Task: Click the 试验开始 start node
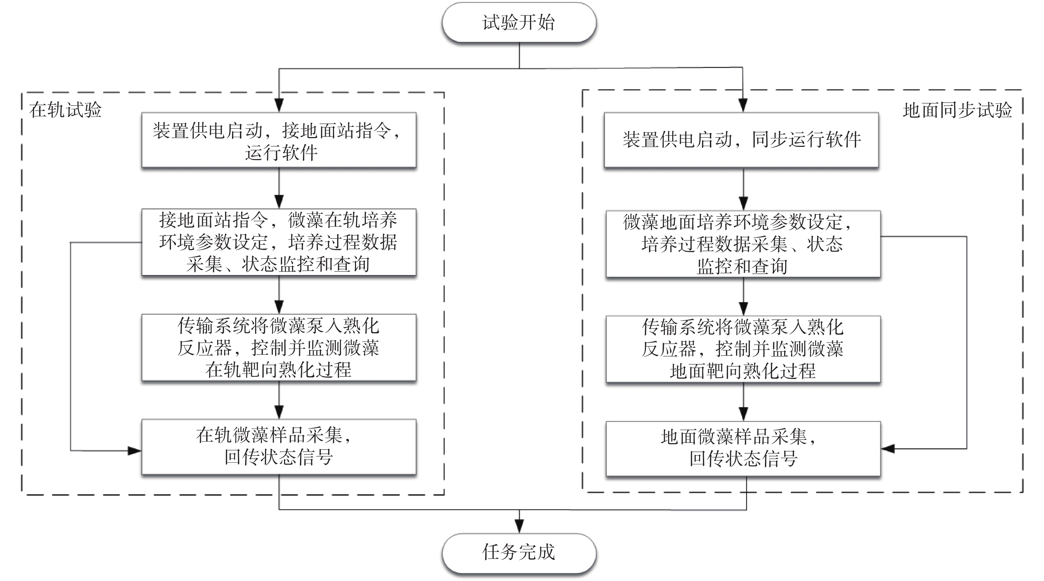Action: pos(519,22)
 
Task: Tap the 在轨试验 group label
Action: pos(65,110)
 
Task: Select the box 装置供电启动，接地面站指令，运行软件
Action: pos(279,140)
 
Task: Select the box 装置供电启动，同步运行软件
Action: pos(741,140)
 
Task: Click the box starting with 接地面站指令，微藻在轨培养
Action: pos(279,242)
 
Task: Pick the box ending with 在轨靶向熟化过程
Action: pos(279,347)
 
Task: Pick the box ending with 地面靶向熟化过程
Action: pos(743,349)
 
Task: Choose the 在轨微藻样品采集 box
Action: pos(279,447)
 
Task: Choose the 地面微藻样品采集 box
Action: pos(743,449)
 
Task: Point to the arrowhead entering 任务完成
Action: pos(519,527)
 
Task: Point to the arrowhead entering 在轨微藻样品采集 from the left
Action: pos(135,450)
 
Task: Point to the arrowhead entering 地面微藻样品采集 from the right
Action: pos(888,449)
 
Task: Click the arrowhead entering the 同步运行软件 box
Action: pos(742,106)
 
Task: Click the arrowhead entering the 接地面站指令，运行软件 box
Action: pos(279,106)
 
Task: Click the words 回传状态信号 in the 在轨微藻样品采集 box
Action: pos(279,457)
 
